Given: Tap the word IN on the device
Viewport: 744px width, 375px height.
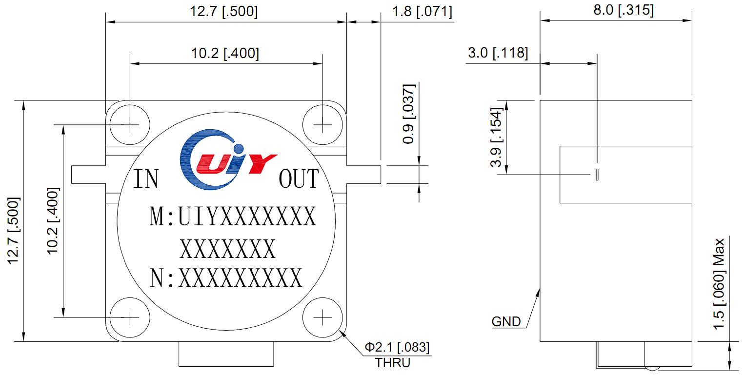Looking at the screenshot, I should (146, 179).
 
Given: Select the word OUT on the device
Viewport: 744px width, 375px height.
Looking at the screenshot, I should (299, 179).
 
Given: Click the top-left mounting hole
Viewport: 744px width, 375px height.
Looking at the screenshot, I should (129, 125).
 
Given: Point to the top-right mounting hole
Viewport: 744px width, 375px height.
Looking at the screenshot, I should (322, 125).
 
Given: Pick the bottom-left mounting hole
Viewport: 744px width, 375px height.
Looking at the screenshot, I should (129, 317).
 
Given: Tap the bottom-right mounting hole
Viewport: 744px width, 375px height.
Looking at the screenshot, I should (322, 317).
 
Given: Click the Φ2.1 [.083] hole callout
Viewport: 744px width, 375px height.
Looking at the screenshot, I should (397, 348).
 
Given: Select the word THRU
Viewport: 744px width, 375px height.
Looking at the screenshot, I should (393, 363).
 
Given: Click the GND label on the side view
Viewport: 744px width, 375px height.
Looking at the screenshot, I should (506, 322).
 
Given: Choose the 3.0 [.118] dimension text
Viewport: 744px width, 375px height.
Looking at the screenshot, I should (498, 53).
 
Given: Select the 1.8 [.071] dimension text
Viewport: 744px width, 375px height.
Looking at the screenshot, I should (422, 11).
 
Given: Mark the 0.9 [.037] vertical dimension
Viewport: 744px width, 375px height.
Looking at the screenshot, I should (409, 114).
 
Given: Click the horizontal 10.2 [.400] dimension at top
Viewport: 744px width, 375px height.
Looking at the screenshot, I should (225, 53).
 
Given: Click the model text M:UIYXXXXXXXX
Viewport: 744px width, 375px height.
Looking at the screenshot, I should (233, 217).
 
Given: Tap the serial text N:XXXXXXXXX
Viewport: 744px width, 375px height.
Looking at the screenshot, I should (226, 279).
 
